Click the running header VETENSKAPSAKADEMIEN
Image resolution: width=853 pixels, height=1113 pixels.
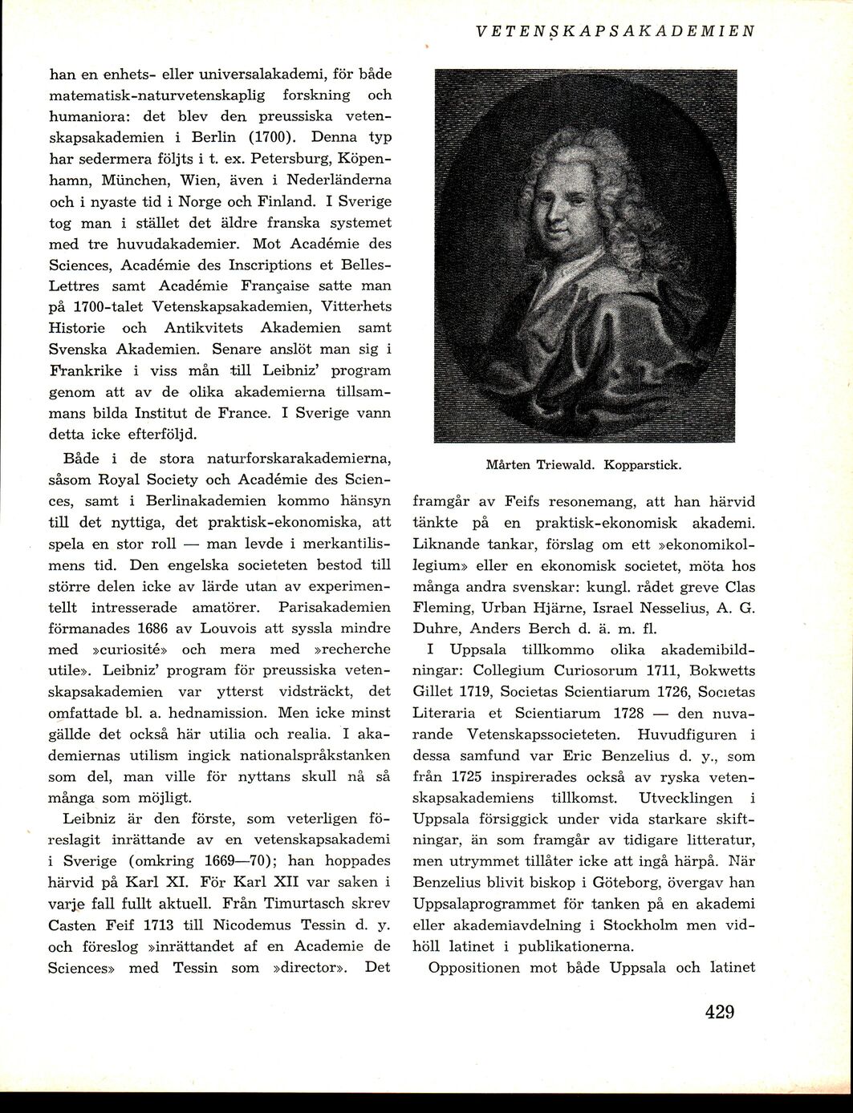tap(615, 31)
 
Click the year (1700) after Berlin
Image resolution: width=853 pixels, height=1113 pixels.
tap(272, 137)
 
